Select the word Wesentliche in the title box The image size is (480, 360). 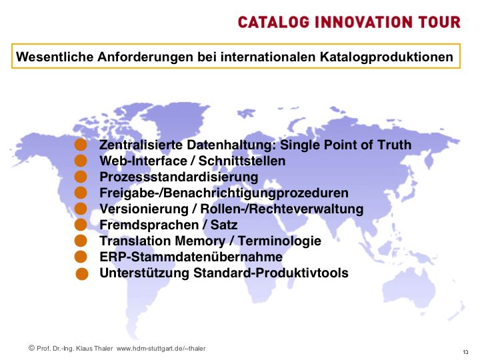pos(55,57)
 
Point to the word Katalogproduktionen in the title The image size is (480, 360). pos(386,57)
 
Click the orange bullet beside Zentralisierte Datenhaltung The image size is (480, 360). pos(81,145)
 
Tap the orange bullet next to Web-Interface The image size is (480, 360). pos(81,161)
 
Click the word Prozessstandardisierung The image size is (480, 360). pos(179,177)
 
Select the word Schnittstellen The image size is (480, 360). pos(242,161)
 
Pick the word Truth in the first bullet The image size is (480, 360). pos(394,145)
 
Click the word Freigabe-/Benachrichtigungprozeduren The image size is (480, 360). pos(224,193)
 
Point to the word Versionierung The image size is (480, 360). pos(144,209)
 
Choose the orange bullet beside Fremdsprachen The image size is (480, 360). pos(81,225)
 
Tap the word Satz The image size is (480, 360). pos(224,225)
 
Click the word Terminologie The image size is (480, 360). pos(279,241)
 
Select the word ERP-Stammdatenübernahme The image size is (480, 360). pos(191,257)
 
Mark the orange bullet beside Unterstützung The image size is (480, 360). pos(82,274)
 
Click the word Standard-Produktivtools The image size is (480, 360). pos(271,273)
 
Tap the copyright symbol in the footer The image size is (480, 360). pos(31,348)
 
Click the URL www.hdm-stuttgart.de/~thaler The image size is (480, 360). pos(161,349)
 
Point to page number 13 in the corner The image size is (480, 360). pos(465,352)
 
